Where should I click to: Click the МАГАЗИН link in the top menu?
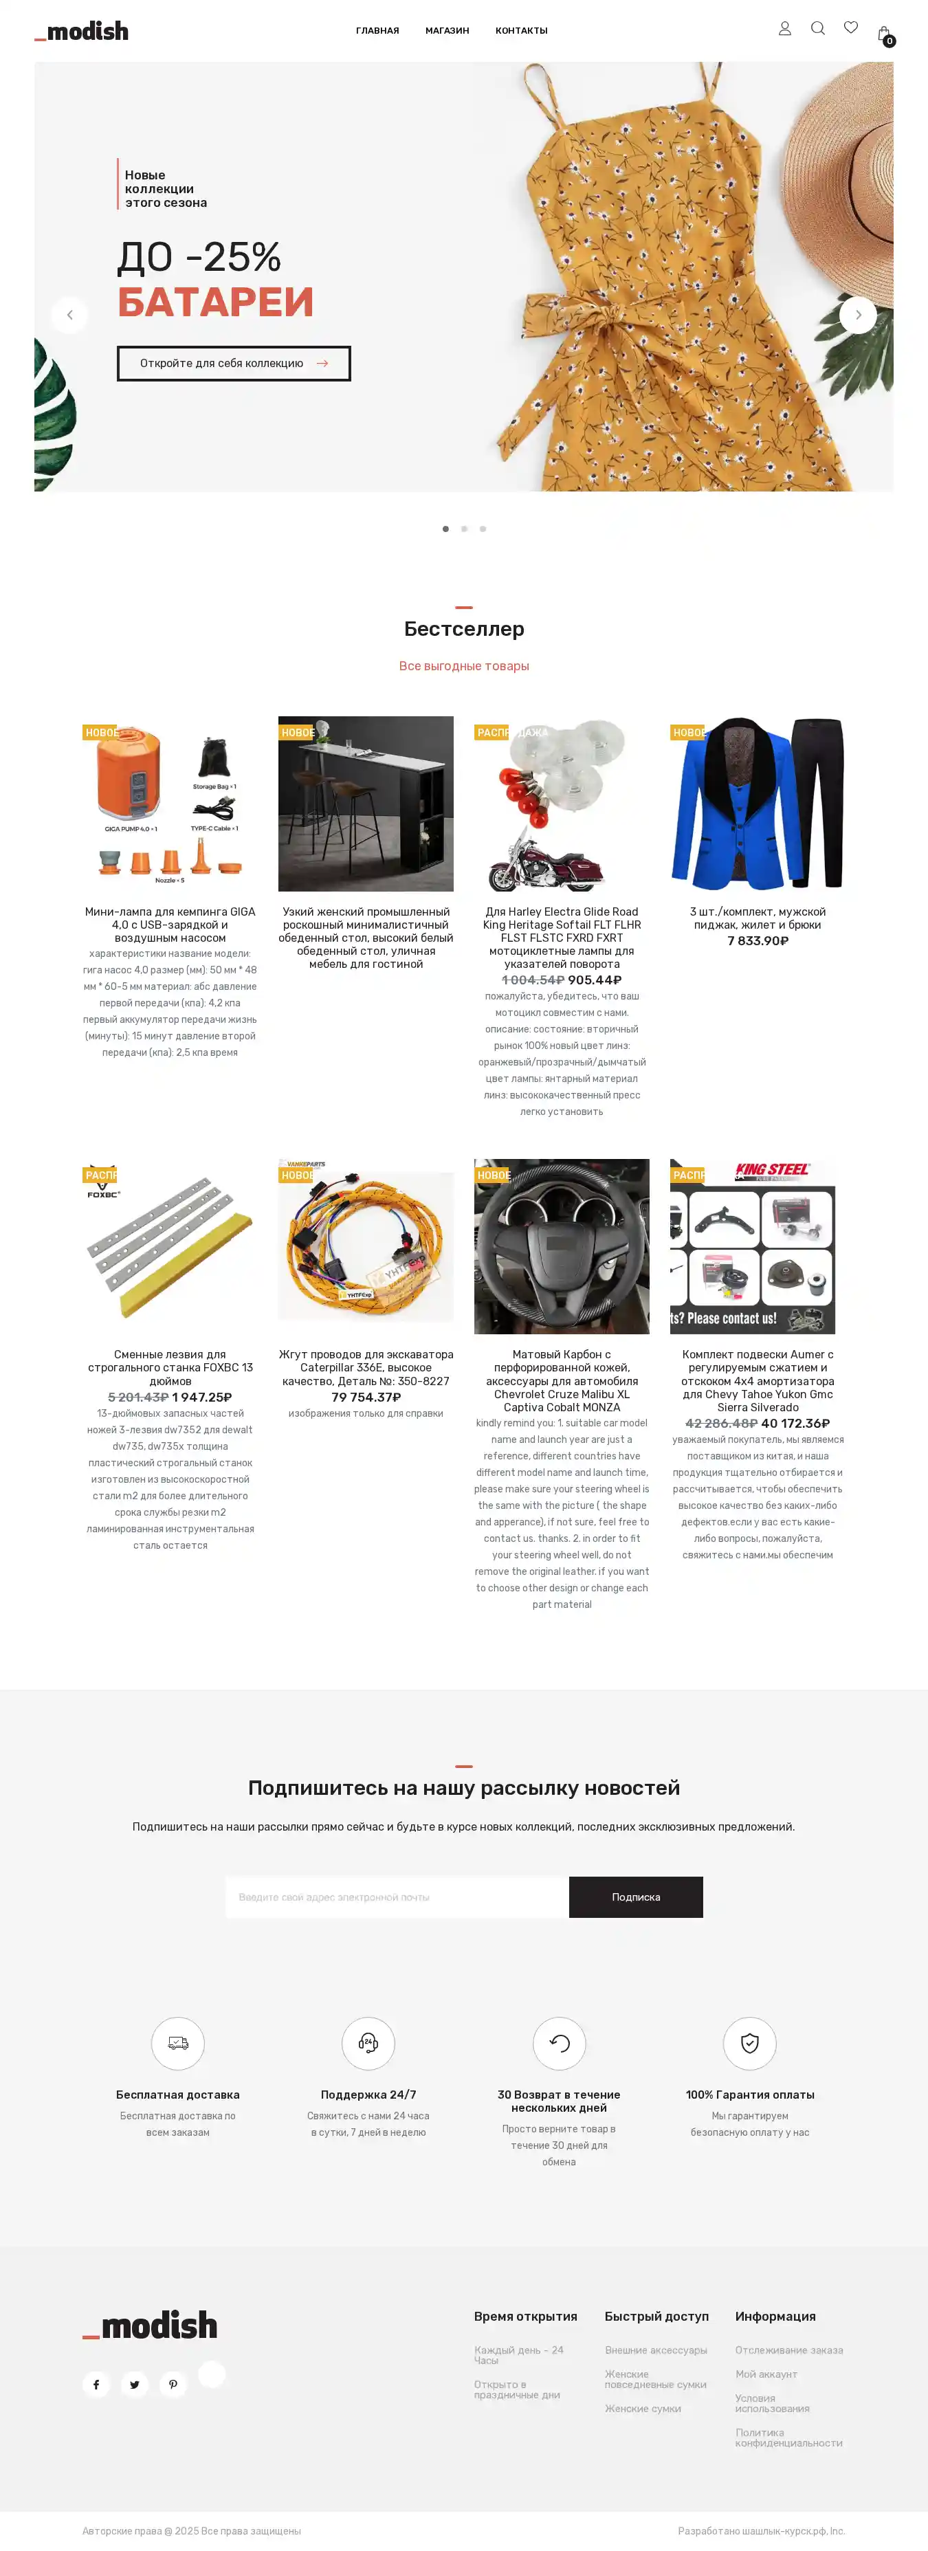pyautogui.click(x=447, y=31)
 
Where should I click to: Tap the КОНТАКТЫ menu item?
pyautogui.click(x=521, y=31)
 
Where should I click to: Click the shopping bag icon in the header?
pyautogui.click(x=883, y=34)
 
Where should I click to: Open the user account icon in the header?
pyautogui.click(x=784, y=29)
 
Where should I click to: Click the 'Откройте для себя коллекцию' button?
pyautogui.click(x=234, y=364)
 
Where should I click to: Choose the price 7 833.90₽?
pyautogui.click(x=758, y=941)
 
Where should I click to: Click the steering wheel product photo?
pyautogui.click(x=562, y=1246)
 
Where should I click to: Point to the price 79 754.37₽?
pyautogui.click(x=366, y=1398)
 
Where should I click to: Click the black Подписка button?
pyautogui.click(x=636, y=1897)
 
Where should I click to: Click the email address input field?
pyautogui.click(x=396, y=1897)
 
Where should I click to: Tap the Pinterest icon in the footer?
pyautogui.click(x=173, y=2385)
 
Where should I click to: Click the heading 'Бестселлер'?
pyautogui.click(x=463, y=629)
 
